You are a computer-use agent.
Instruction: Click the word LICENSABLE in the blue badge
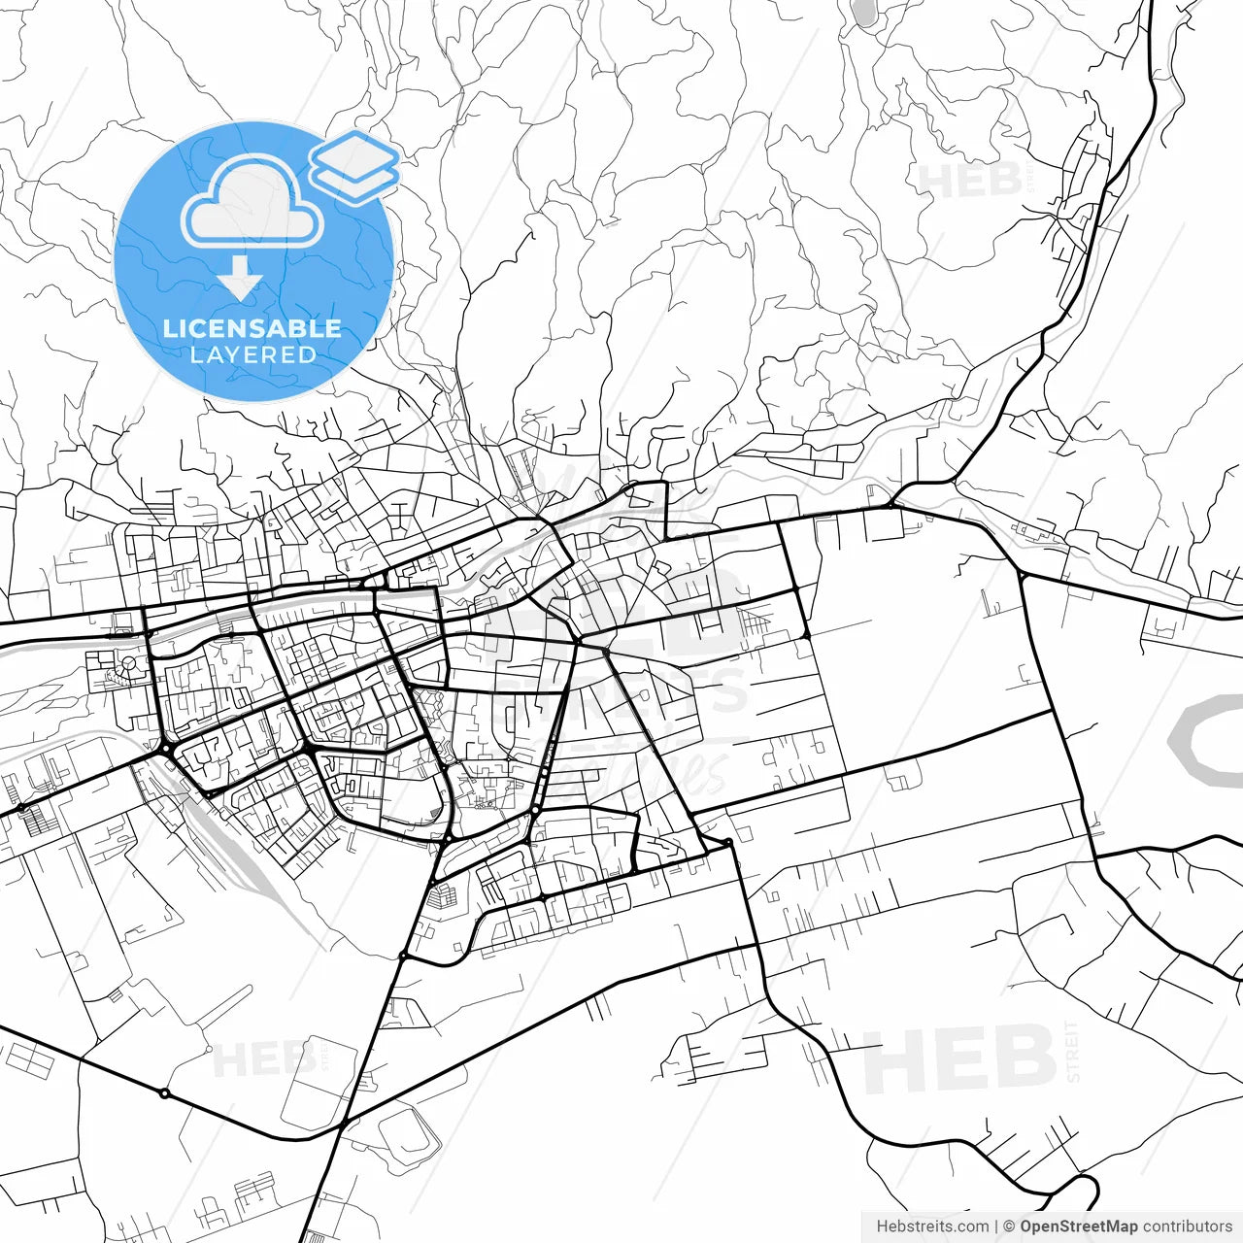[x=252, y=328]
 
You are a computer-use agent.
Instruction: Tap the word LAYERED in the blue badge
[x=252, y=354]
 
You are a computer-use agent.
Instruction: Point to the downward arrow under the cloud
[x=240, y=280]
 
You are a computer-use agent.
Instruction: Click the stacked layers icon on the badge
[x=354, y=167]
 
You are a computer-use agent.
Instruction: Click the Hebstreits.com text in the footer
[x=932, y=1226]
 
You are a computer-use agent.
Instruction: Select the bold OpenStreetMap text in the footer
[x=1078, y=1226]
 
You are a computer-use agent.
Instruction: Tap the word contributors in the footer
[x=1187, y=1226]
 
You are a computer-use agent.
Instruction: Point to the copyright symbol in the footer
[x=1009, y=1226]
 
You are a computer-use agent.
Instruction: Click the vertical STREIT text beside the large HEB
[x=1072, y=1051]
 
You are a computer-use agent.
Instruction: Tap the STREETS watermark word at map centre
[x=621, y=691]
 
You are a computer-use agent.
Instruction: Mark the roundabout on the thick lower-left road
[x=164, y=1093]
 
